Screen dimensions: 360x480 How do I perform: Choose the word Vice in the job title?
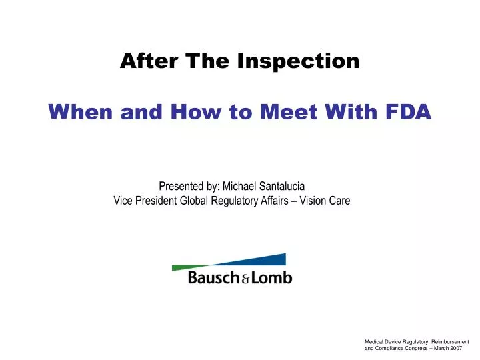[x=123, y=201]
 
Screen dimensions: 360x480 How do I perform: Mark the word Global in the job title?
[x=191, y=201]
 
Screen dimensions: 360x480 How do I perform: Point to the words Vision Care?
[x=323, y=201]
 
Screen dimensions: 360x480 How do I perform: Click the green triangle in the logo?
[x=191, y=267]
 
